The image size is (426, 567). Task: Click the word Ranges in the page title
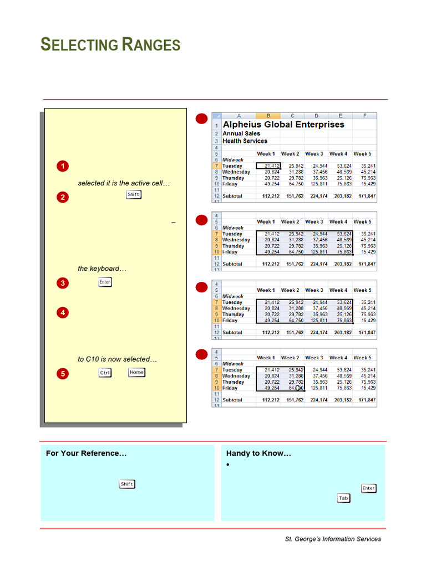(x=151, y=45)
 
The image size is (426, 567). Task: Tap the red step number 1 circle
(x=63, y=166)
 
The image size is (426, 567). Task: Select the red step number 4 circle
(x=63, y=313)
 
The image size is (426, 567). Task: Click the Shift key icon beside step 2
(x=134, y=194)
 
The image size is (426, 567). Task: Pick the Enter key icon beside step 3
(x=105, y=282)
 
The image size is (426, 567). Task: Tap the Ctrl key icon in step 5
(x=105, y=373)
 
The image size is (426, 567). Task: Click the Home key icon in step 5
(x=136, y=373)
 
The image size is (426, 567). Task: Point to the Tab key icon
(x=344, y=498)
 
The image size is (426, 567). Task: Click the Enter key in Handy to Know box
(x=368, y=488)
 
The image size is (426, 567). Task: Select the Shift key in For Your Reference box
(x=127, y=484)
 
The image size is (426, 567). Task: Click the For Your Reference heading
(x=86, y=453)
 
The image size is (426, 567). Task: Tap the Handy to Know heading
(x=258, y=453)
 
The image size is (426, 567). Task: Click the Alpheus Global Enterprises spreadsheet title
(x=283, y=125)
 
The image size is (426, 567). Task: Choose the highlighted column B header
(x=268, y=116)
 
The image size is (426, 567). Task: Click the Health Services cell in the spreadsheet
(x=245, y=141)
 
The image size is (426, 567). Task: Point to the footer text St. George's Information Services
(x=333, y=539)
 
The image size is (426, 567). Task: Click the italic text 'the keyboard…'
(x=102, y=269)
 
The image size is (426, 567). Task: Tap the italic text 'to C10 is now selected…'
(x=118, y=359)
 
